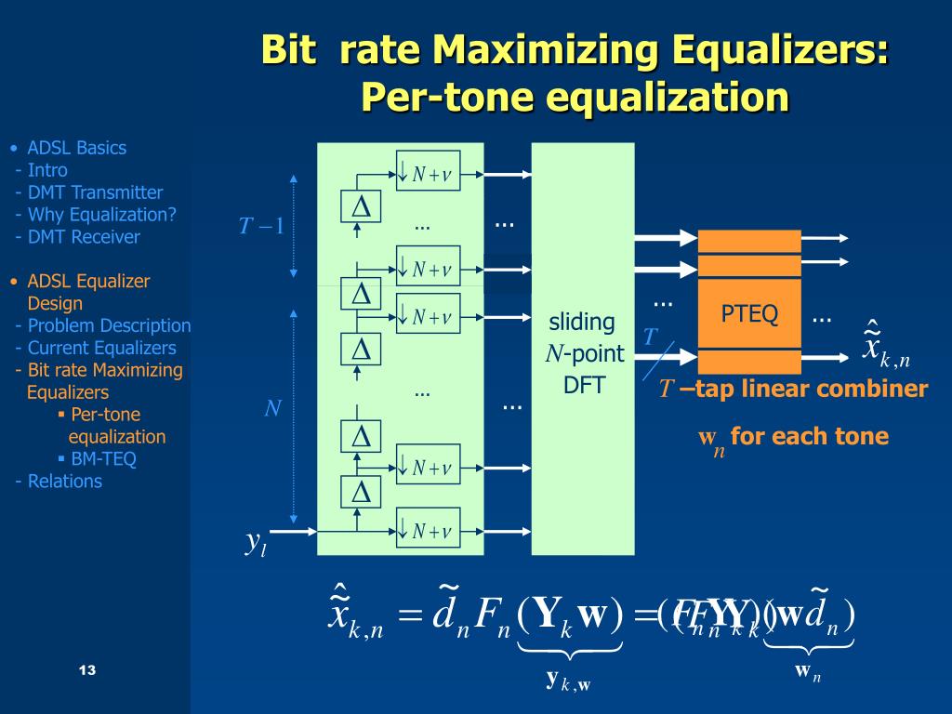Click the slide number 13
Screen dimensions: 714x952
(88, 671)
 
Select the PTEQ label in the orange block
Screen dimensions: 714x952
(749, 314)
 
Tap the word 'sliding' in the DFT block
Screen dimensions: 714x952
(582, 323)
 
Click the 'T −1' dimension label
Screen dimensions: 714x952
(261, 226)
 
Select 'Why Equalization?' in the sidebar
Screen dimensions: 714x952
(101, 215)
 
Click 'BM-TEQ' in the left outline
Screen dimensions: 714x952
(103, 458)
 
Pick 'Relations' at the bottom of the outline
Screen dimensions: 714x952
(64, 481)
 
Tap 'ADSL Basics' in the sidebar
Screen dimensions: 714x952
(76, 148)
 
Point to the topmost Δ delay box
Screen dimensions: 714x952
(361, 207)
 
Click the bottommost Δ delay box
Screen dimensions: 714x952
(361, 491)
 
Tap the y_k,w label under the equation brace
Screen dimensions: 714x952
(568, 681)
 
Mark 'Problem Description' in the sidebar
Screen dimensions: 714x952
(109, 325)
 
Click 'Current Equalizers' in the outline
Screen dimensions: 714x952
(101, 348)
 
